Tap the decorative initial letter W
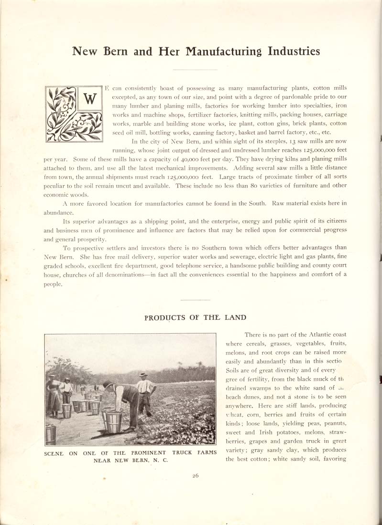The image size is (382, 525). click(89, 99)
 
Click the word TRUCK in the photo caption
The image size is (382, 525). click(185, 452)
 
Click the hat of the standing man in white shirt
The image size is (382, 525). click(143, 375)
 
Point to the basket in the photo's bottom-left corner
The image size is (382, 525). click(50, 433)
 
